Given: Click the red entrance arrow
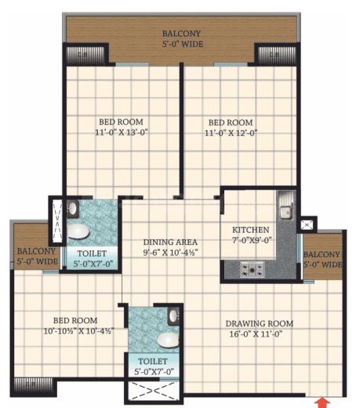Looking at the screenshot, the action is click(323, 403).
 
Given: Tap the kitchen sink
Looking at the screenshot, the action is click(285, 211).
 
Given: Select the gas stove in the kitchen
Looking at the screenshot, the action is click(253, 269).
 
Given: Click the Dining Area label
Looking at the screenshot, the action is click(170, 242).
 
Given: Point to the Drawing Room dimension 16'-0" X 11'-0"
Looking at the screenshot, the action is click(256, 334).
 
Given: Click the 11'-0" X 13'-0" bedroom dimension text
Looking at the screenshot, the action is click(122, 133).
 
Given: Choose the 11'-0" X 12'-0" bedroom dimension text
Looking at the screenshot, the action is click(231, 133).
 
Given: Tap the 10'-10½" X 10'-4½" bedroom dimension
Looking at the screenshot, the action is click(78, 331).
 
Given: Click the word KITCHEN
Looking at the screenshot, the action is click(251, 230).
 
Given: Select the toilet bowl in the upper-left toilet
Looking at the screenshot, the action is click(78, 231).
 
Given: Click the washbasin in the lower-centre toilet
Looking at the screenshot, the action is click(174, 317).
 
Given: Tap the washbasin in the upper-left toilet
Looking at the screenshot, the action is click(72, 209).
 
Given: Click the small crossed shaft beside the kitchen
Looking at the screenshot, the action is click(307, 225).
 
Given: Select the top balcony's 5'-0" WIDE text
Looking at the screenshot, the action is click(183, 44).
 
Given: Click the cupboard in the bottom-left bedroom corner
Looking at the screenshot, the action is click(34, 385).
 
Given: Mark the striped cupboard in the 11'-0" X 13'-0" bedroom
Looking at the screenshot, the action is click(85, 55).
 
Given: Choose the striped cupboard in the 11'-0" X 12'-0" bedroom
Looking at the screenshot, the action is click(277, 55).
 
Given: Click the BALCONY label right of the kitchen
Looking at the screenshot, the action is click(322, 254).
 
